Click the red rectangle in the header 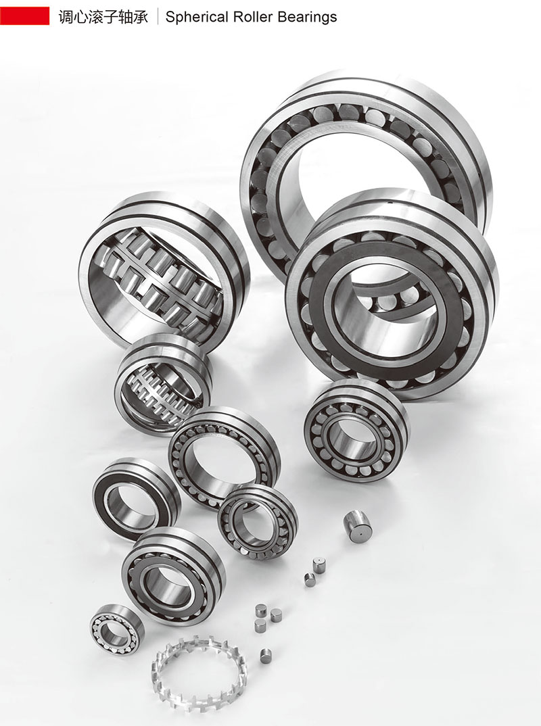tap(24, 16)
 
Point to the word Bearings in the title tap(307, 17)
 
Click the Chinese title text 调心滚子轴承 tap(103, 17)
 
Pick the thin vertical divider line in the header tap(158, 16)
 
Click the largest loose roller tap(356, 526)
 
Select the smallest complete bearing tap(117, 630)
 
